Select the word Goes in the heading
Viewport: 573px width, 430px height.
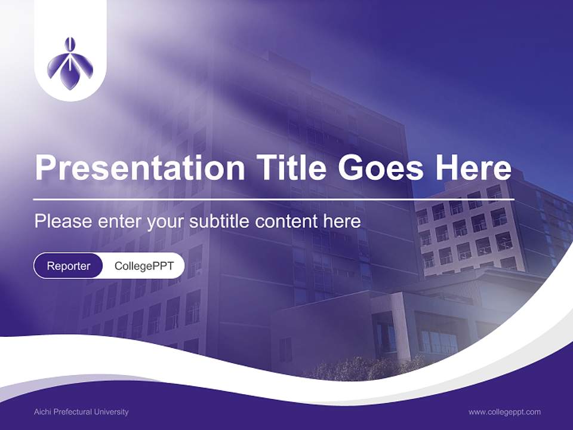pos(383,168)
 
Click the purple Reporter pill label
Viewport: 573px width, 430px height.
pos(69,266)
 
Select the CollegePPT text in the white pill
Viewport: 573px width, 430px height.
pos(143,266)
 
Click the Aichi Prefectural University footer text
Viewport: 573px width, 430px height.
pos(81,412)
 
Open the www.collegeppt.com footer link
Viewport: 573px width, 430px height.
pos(504,412)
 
